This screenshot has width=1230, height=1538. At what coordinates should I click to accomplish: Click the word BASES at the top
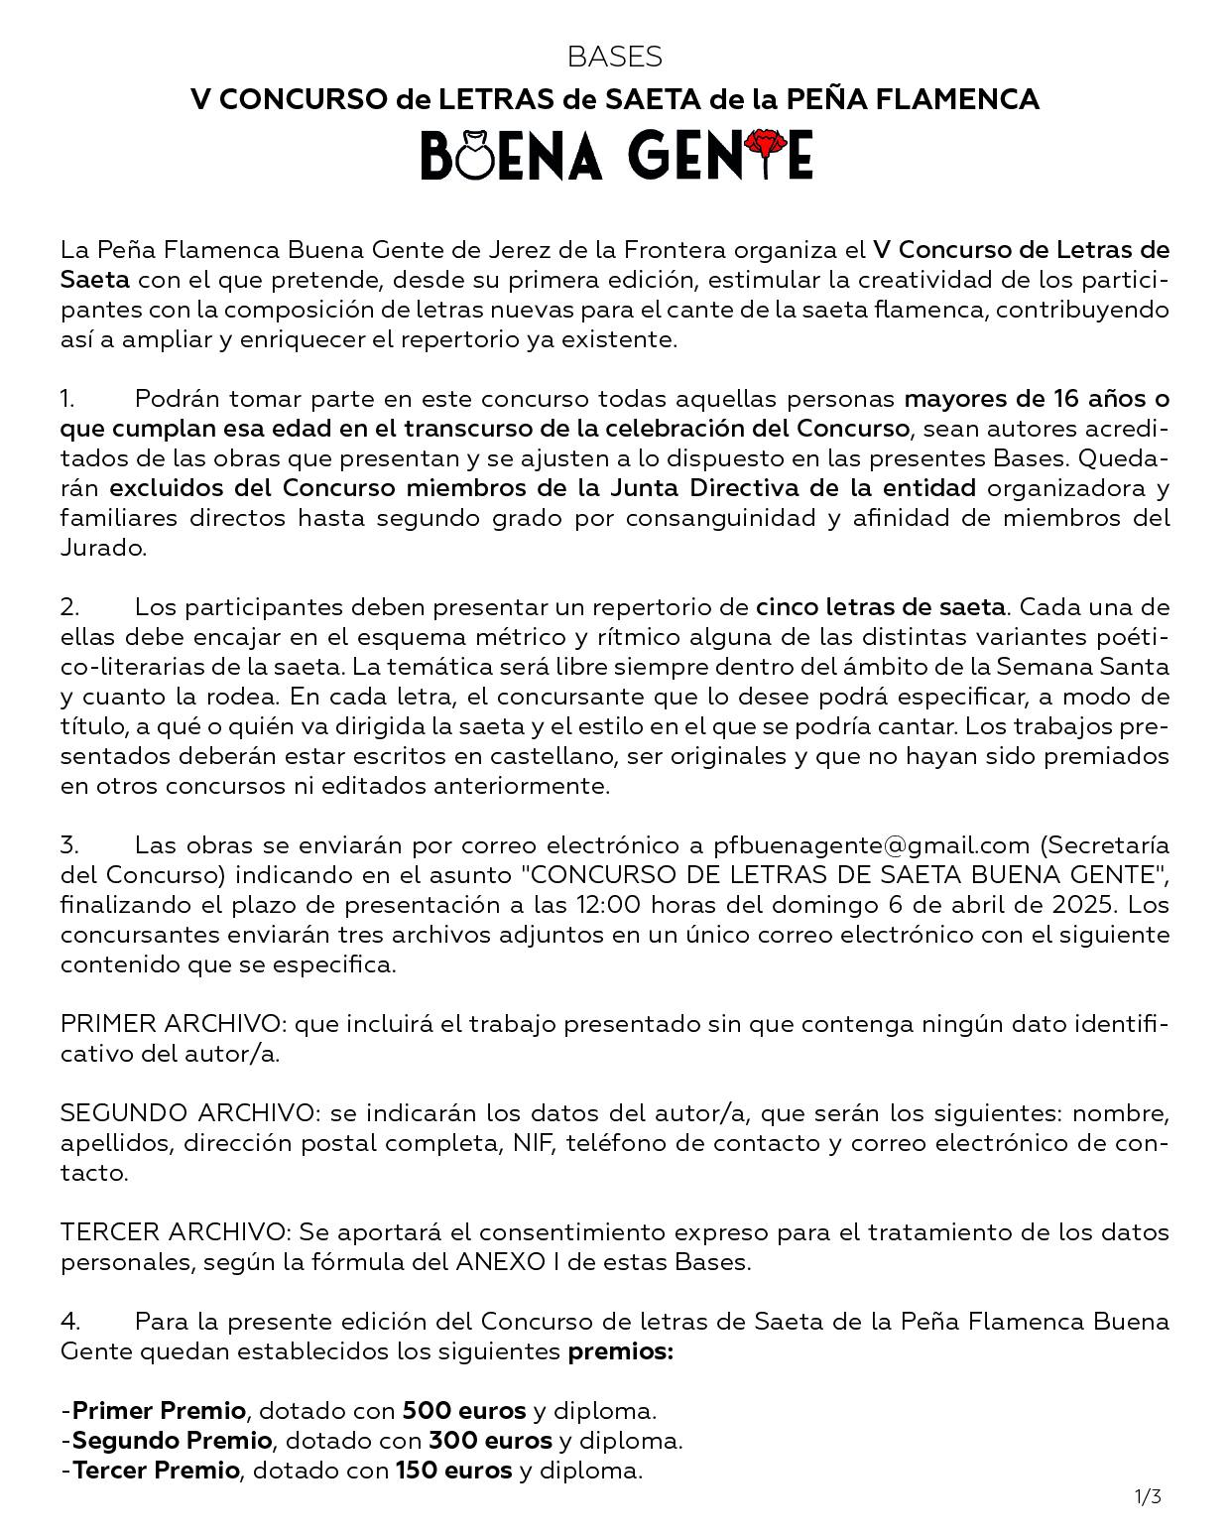point(614,57)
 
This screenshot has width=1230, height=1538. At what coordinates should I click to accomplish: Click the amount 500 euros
point(463,1410)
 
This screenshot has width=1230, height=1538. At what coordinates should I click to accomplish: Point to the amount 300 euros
point(490,1440)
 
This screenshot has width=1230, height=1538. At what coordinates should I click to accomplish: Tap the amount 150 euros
point(454,1470)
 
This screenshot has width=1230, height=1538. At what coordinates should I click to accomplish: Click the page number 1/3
point(1148,1496)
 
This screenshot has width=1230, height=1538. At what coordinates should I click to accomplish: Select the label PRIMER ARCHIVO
point(171,1023)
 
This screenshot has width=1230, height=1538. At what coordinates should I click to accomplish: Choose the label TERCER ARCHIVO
point(174,1231)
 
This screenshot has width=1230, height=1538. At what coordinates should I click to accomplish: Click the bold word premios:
point(620,1350)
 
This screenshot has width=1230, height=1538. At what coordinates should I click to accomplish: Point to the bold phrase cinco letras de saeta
point(880,606)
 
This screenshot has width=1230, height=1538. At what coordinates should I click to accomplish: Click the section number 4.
point(69,1321)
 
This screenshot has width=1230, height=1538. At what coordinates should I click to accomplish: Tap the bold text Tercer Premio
point(157,1470)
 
